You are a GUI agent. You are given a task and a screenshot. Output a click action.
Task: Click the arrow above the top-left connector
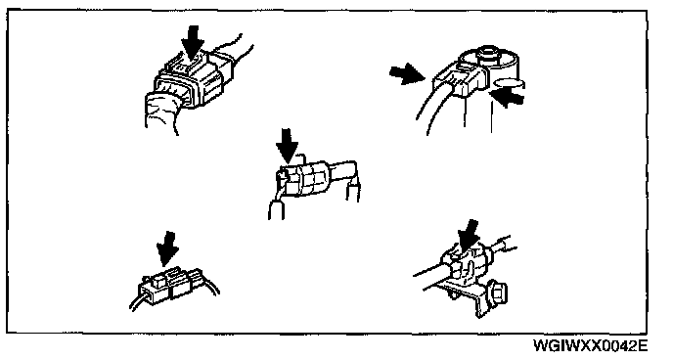[x=193, y=41]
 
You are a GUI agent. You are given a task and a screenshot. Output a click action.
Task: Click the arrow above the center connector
[x=287, y=146]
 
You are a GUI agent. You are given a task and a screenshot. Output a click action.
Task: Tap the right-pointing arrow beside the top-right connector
[x=407, y=73]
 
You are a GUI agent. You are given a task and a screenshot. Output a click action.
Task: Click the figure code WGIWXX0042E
[x=590, y=346]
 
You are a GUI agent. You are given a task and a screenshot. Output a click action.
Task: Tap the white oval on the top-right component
[x=510, y=81]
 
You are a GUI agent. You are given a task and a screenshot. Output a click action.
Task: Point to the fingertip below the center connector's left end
[x=277, y=210]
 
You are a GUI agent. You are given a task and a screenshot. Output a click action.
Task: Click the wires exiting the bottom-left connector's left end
[x=138, y=300]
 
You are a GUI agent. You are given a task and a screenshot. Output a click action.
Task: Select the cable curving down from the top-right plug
[x=432, y=107]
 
